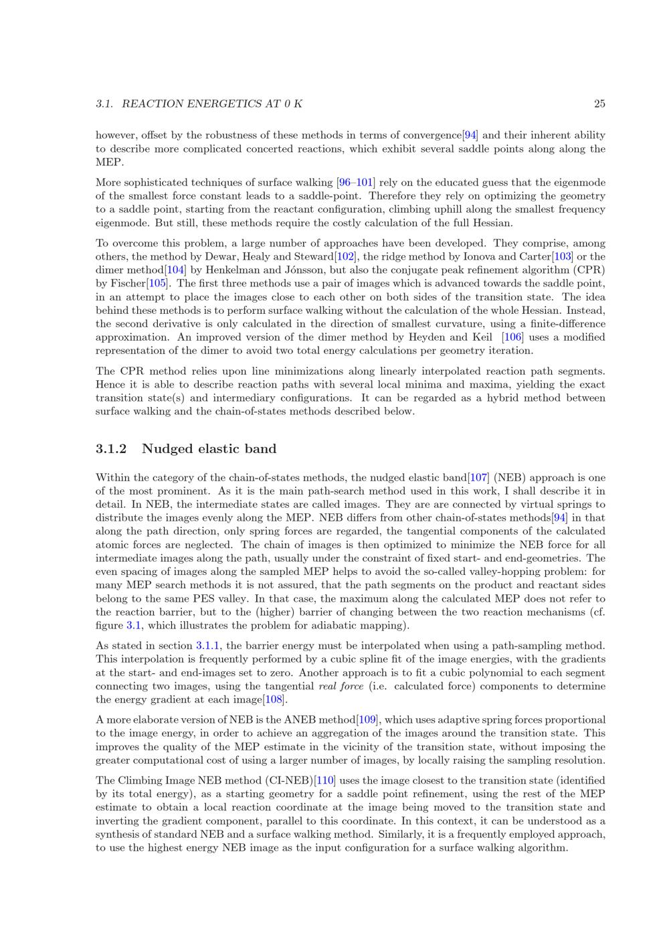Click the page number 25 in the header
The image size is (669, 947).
599,104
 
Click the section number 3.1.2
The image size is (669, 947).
111,448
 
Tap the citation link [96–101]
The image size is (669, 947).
357,183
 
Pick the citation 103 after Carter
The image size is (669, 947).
563,256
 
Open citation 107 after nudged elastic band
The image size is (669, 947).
478,477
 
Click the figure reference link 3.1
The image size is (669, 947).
134,626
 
